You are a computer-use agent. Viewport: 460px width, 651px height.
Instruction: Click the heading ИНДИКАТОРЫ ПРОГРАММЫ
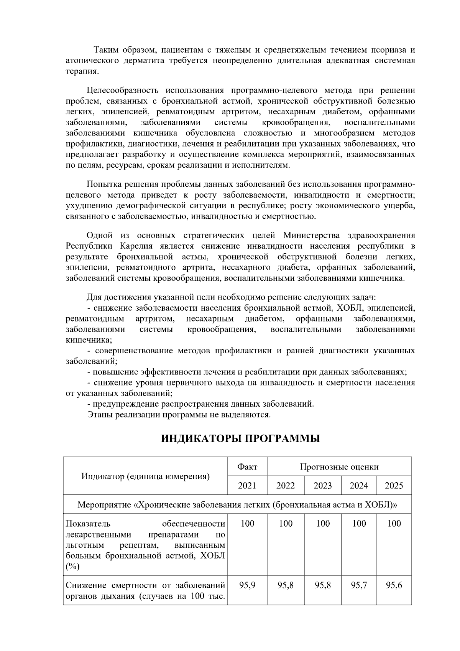[x=240, y=438]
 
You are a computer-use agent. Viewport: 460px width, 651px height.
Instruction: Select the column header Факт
[x=247, y=467]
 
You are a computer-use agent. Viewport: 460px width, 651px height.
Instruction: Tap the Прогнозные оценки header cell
[x=339, y=467]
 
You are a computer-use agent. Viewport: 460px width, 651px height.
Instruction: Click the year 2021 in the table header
[x=247, y=486]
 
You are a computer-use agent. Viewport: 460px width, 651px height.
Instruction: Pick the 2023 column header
[x=322, y=486]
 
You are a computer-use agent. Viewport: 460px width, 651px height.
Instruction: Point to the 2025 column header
[x=394, y=486]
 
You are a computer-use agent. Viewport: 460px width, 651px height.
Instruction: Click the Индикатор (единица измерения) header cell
[x=146, y=476]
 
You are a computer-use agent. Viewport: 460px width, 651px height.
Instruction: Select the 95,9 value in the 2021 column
[x=247, y=585]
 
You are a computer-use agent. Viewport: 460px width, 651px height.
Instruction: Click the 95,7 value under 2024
[x=359, y=585]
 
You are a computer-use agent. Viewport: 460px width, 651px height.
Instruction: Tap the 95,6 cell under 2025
[x=394, y=585]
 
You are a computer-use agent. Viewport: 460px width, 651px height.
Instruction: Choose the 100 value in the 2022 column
[x=286, y=524]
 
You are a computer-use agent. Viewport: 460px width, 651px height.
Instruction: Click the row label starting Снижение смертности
[x=145, y=591]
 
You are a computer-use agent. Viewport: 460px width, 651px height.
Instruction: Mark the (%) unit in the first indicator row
[x=73, y=567]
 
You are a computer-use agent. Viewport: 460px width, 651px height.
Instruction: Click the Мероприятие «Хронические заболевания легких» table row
[x=237, y=504]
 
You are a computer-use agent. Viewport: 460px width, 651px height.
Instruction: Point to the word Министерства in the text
[x=310, y=235]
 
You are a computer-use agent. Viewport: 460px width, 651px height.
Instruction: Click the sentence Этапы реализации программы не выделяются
[x=179, y=415]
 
